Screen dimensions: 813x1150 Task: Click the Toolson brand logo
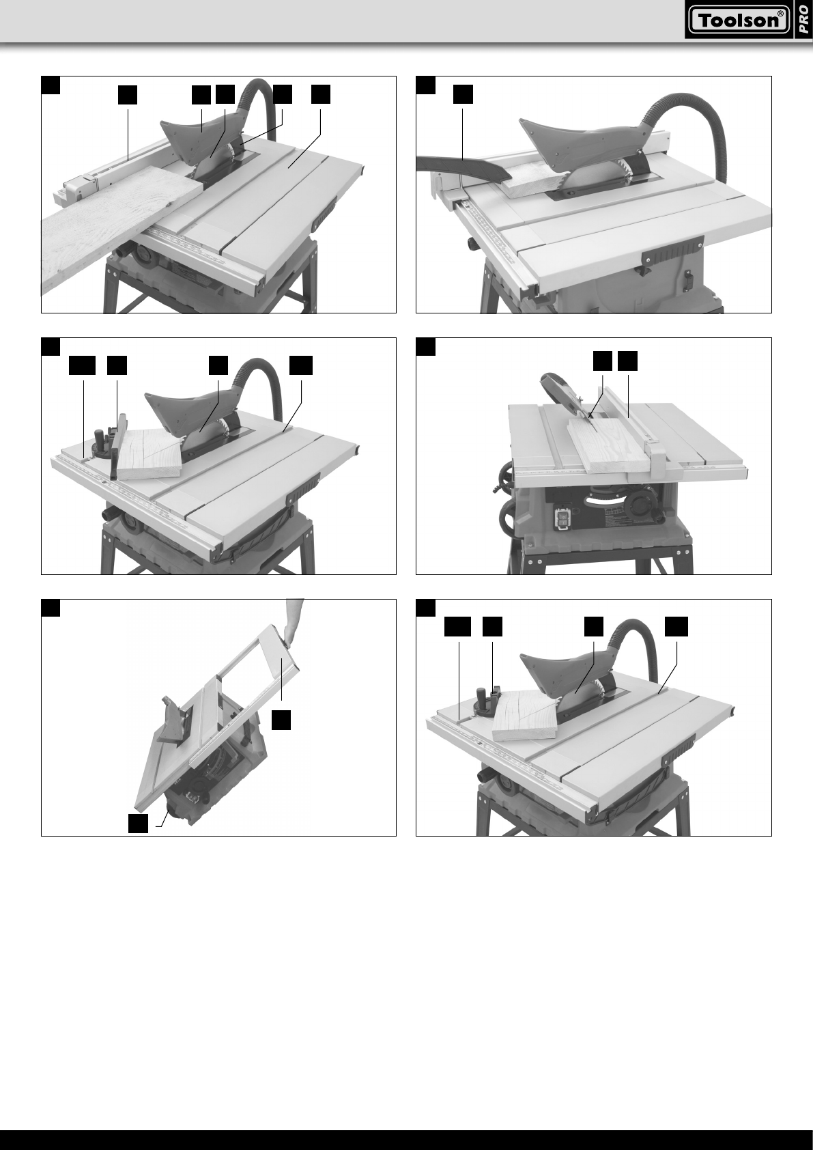click(739, 20)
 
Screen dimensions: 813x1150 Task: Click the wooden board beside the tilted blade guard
click(612, 443)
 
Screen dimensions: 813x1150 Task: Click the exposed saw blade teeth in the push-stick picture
click(624, 169)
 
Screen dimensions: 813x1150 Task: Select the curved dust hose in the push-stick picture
click(688, 131)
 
